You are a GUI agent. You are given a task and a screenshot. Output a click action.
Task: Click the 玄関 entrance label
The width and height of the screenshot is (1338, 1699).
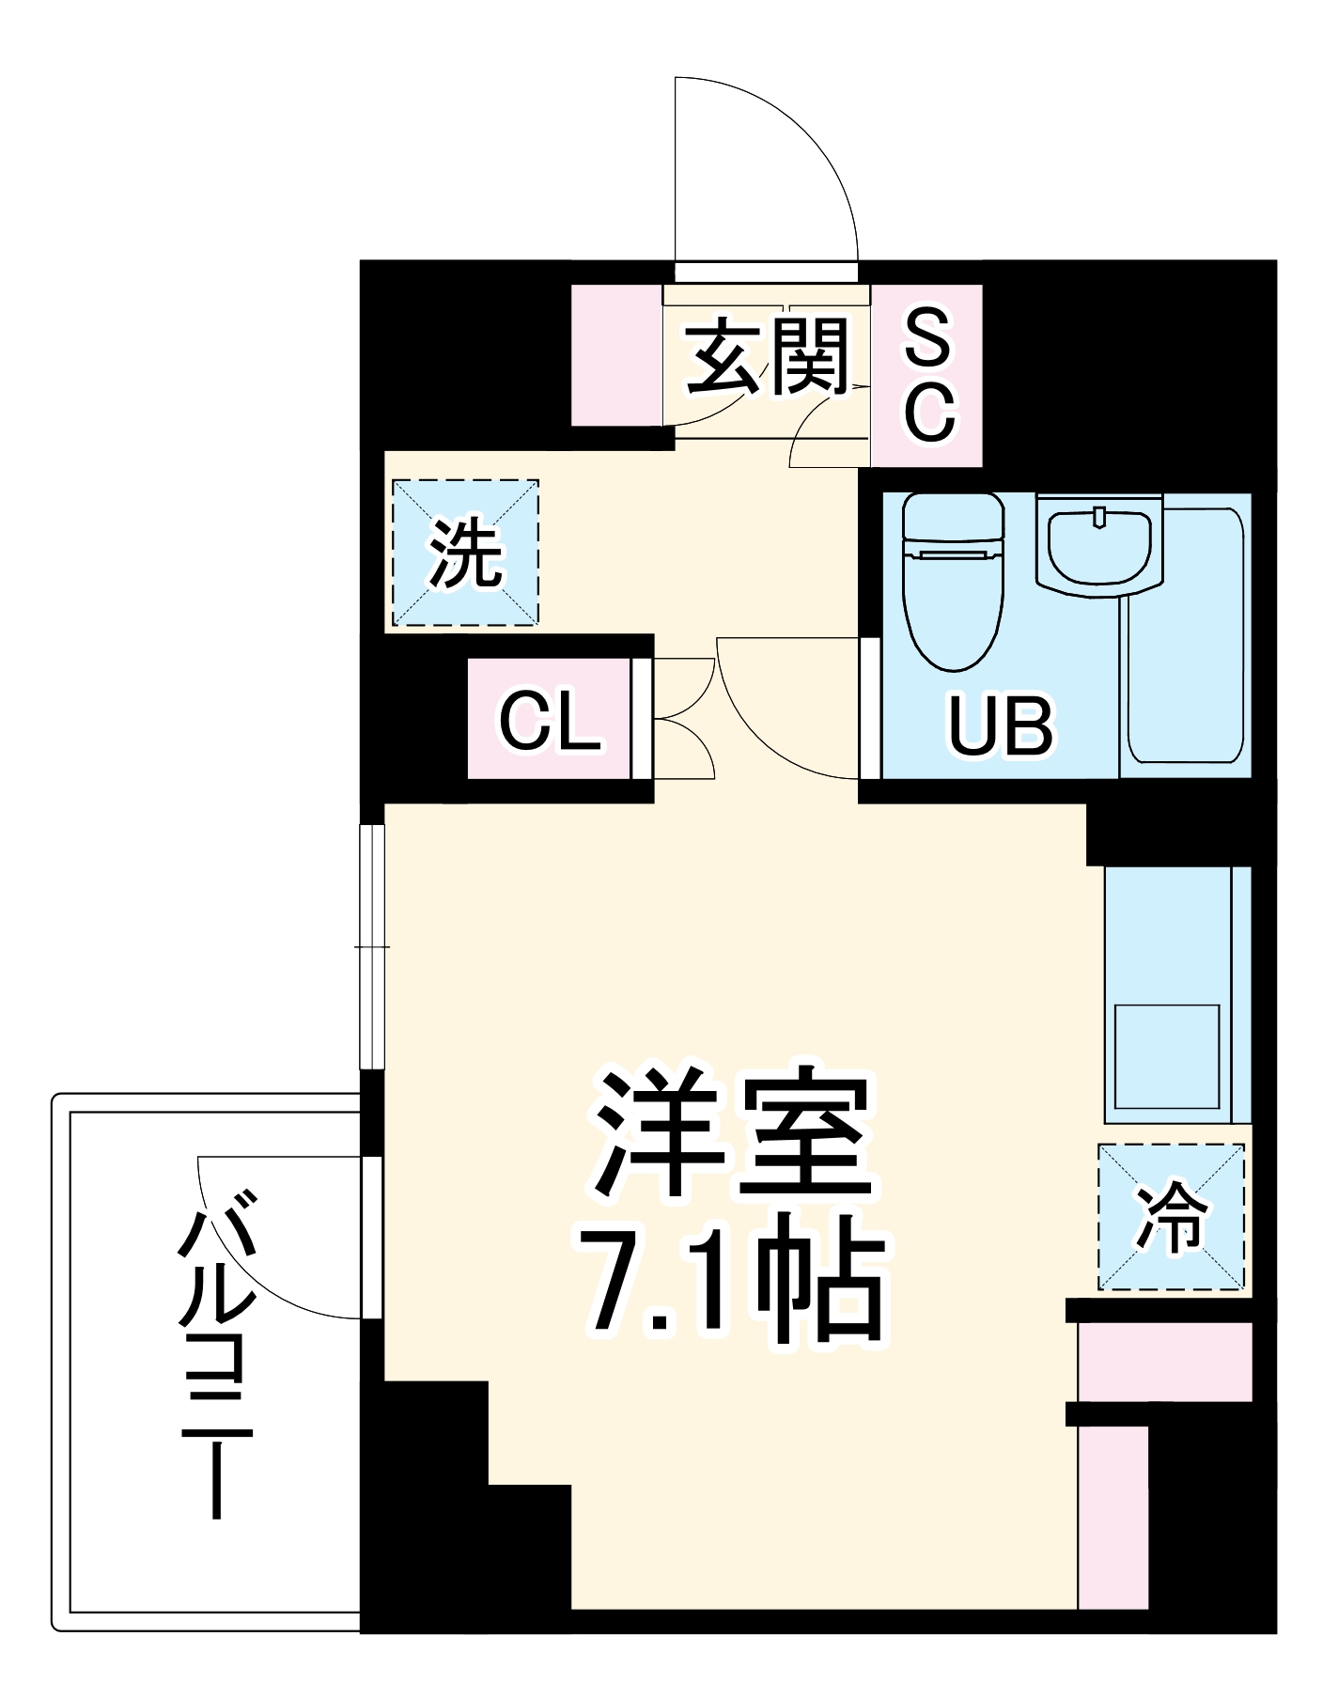tap(767, 357)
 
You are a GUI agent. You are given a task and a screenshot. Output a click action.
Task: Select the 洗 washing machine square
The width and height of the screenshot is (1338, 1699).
tap(465, 553)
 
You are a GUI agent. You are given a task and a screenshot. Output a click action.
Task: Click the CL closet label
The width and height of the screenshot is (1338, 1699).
tap(550, 721)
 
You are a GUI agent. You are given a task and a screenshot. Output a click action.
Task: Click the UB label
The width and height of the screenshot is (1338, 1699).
tap(1000, 726)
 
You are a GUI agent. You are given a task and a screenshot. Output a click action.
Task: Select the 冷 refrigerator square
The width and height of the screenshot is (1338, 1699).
tap(1171, 1217)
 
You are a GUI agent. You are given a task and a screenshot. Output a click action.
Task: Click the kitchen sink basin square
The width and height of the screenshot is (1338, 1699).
tap(1166, 1057)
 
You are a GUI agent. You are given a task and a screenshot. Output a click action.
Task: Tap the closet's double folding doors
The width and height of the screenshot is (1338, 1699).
tap(683, 719)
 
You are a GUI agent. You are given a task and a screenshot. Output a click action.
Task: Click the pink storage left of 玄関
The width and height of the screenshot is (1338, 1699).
tap(616, 355)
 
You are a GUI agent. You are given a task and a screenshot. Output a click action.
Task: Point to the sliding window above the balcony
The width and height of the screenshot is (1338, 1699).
tap(373, 947)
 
